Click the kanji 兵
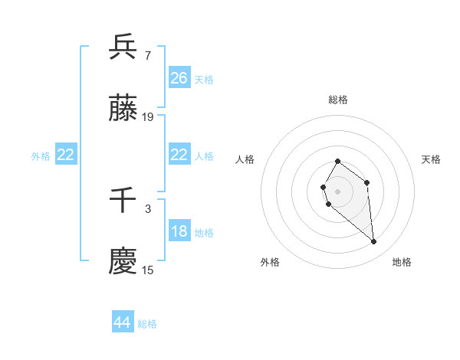(123, 47)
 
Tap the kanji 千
(123, 201)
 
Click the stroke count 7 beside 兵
(147, 55)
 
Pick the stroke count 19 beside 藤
(148, 117)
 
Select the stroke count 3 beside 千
(147, 208)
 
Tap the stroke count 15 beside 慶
(148, 270)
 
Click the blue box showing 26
(179, 78)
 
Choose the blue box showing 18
(179, 231)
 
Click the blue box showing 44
(123, 323)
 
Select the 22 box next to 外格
(66, 155)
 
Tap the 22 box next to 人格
(179, 155)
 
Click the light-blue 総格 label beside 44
(147, 324)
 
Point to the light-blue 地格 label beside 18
(204, 232)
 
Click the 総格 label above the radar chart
(338, 100)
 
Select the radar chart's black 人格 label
(245, 159)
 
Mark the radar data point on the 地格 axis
(374, 242)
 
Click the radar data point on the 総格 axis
(337, 162)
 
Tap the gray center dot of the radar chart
(337, 190)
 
